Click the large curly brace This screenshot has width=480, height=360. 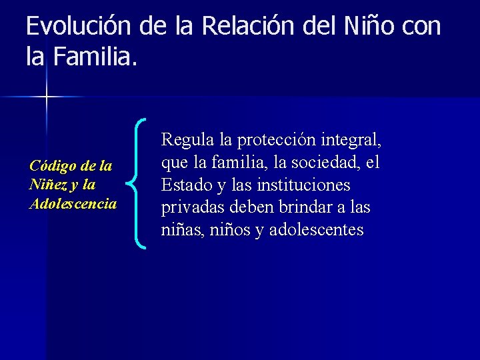coord(140,184)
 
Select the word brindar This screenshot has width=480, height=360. coord(302,207)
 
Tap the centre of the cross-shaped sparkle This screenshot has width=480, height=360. coord(46,97)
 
